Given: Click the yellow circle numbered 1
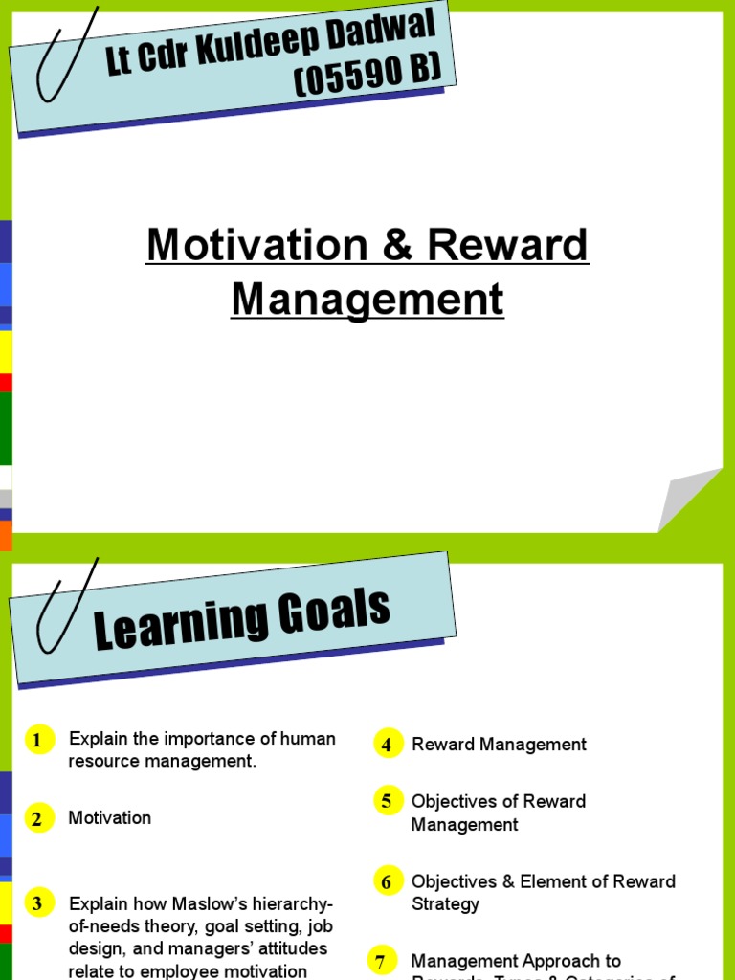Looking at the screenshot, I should tap(38, 740).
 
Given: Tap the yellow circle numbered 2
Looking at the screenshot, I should tap(38, 818).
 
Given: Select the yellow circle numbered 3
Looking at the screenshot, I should tap(38, 902).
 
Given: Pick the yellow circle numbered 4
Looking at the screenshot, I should tap(387, 745).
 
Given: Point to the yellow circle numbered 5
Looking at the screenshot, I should tap(387, 801).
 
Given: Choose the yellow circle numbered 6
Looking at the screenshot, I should tap(387, 881).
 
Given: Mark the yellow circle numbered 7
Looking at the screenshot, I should tap(381, 961).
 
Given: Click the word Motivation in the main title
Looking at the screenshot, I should tap(256, 246).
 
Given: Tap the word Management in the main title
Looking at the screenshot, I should tap(367, 299).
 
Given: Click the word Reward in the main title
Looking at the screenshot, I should tap(507, 246).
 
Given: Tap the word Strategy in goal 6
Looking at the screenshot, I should tap(445, 904).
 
